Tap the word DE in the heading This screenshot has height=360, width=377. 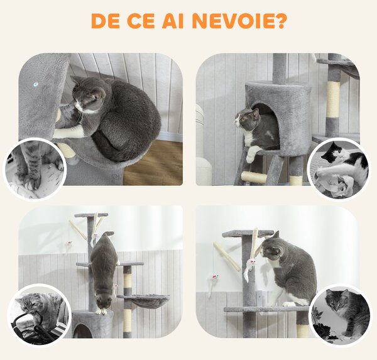point(106,21)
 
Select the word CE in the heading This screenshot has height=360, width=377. point(140,21)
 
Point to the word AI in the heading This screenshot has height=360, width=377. point(173,21)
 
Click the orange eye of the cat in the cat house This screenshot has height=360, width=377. point(243,119)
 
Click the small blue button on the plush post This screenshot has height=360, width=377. point(36,84)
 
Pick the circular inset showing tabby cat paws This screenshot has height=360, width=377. point(34,169)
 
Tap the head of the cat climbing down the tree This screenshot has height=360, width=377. point(104,300)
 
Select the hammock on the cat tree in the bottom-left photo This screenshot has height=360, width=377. point(143,301)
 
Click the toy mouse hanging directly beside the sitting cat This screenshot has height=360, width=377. point(249,267)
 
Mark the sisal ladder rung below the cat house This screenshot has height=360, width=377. point(254,177)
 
